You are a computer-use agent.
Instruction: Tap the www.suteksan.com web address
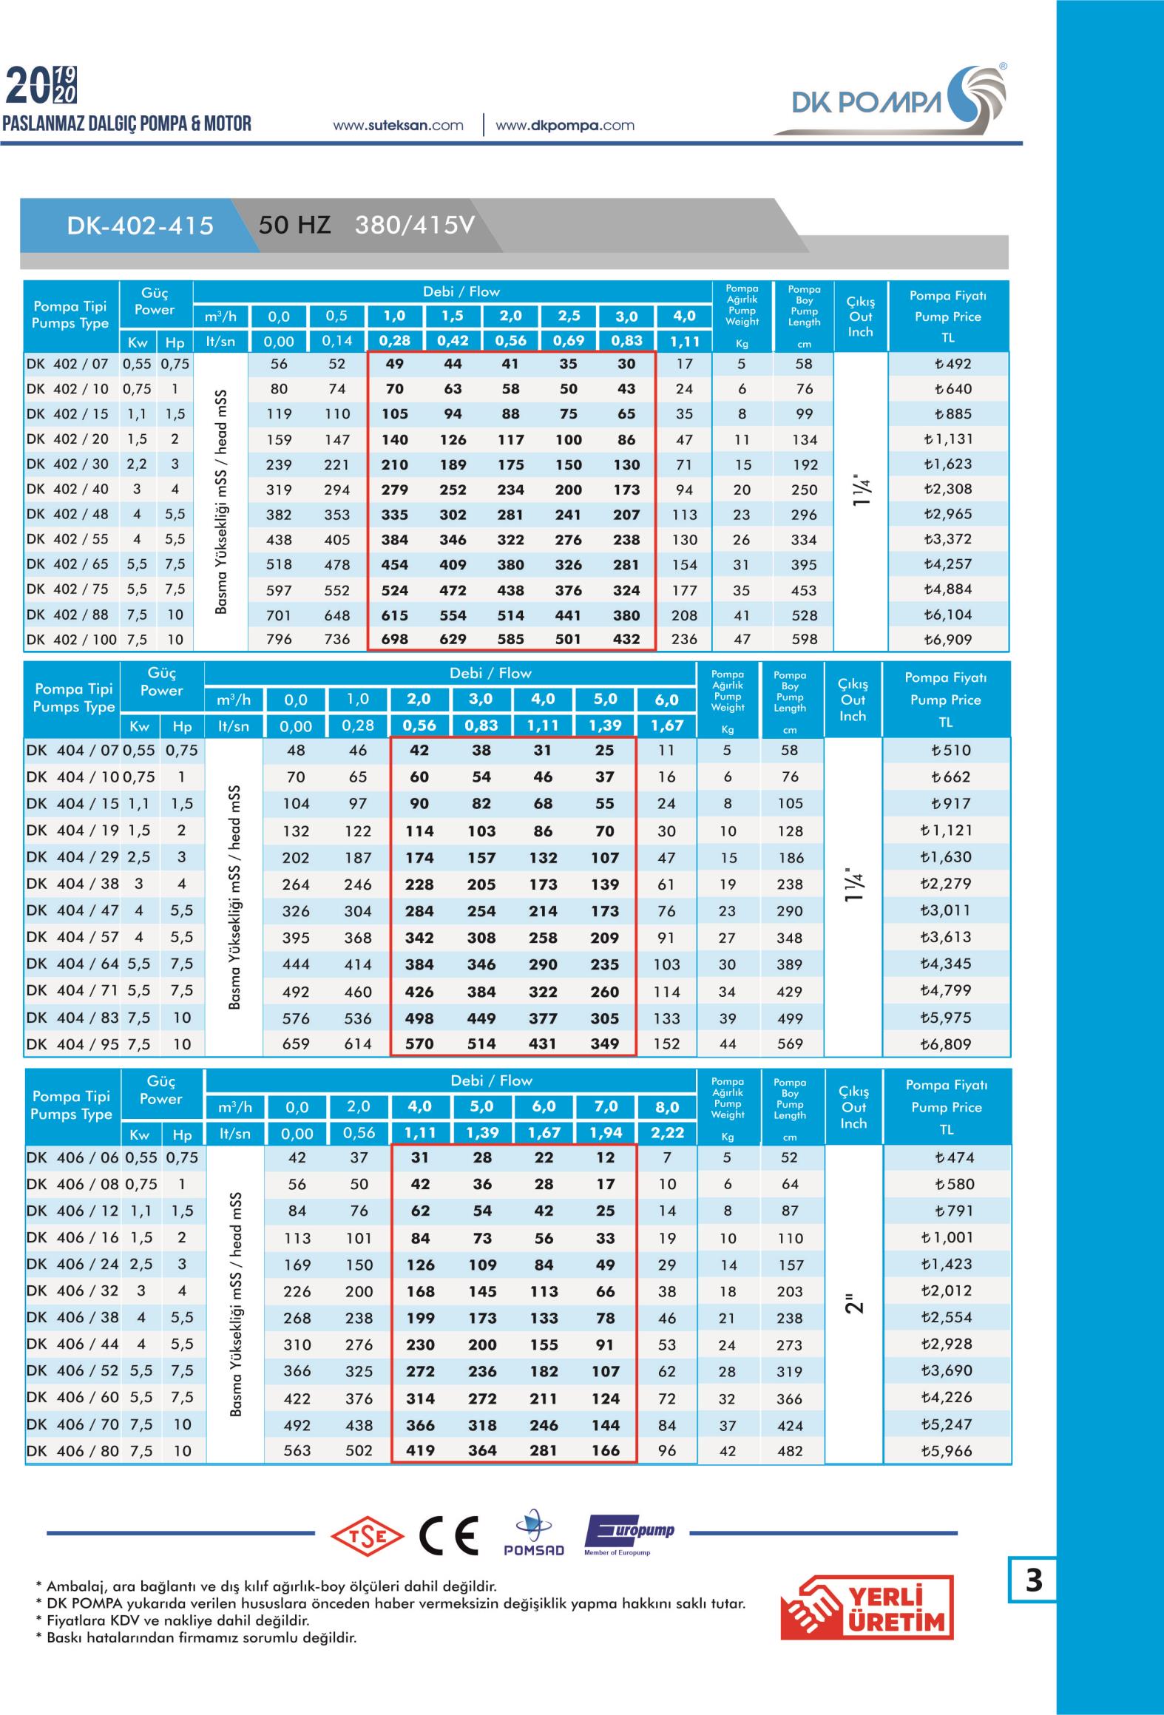[398, 125]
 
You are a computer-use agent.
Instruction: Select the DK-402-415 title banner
[140, 226]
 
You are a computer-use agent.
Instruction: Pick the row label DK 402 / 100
[71, 639]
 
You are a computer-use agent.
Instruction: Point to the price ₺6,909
[948, 639]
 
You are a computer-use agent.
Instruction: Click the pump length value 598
[804, 639]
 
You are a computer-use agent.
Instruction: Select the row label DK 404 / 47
[72, 910]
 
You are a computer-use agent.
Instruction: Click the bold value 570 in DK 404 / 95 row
[419, 1044]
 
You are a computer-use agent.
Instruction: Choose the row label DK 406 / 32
[72, 1291]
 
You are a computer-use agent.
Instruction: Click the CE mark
[448, 1535]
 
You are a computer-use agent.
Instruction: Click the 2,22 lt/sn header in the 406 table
[666, 1133]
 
